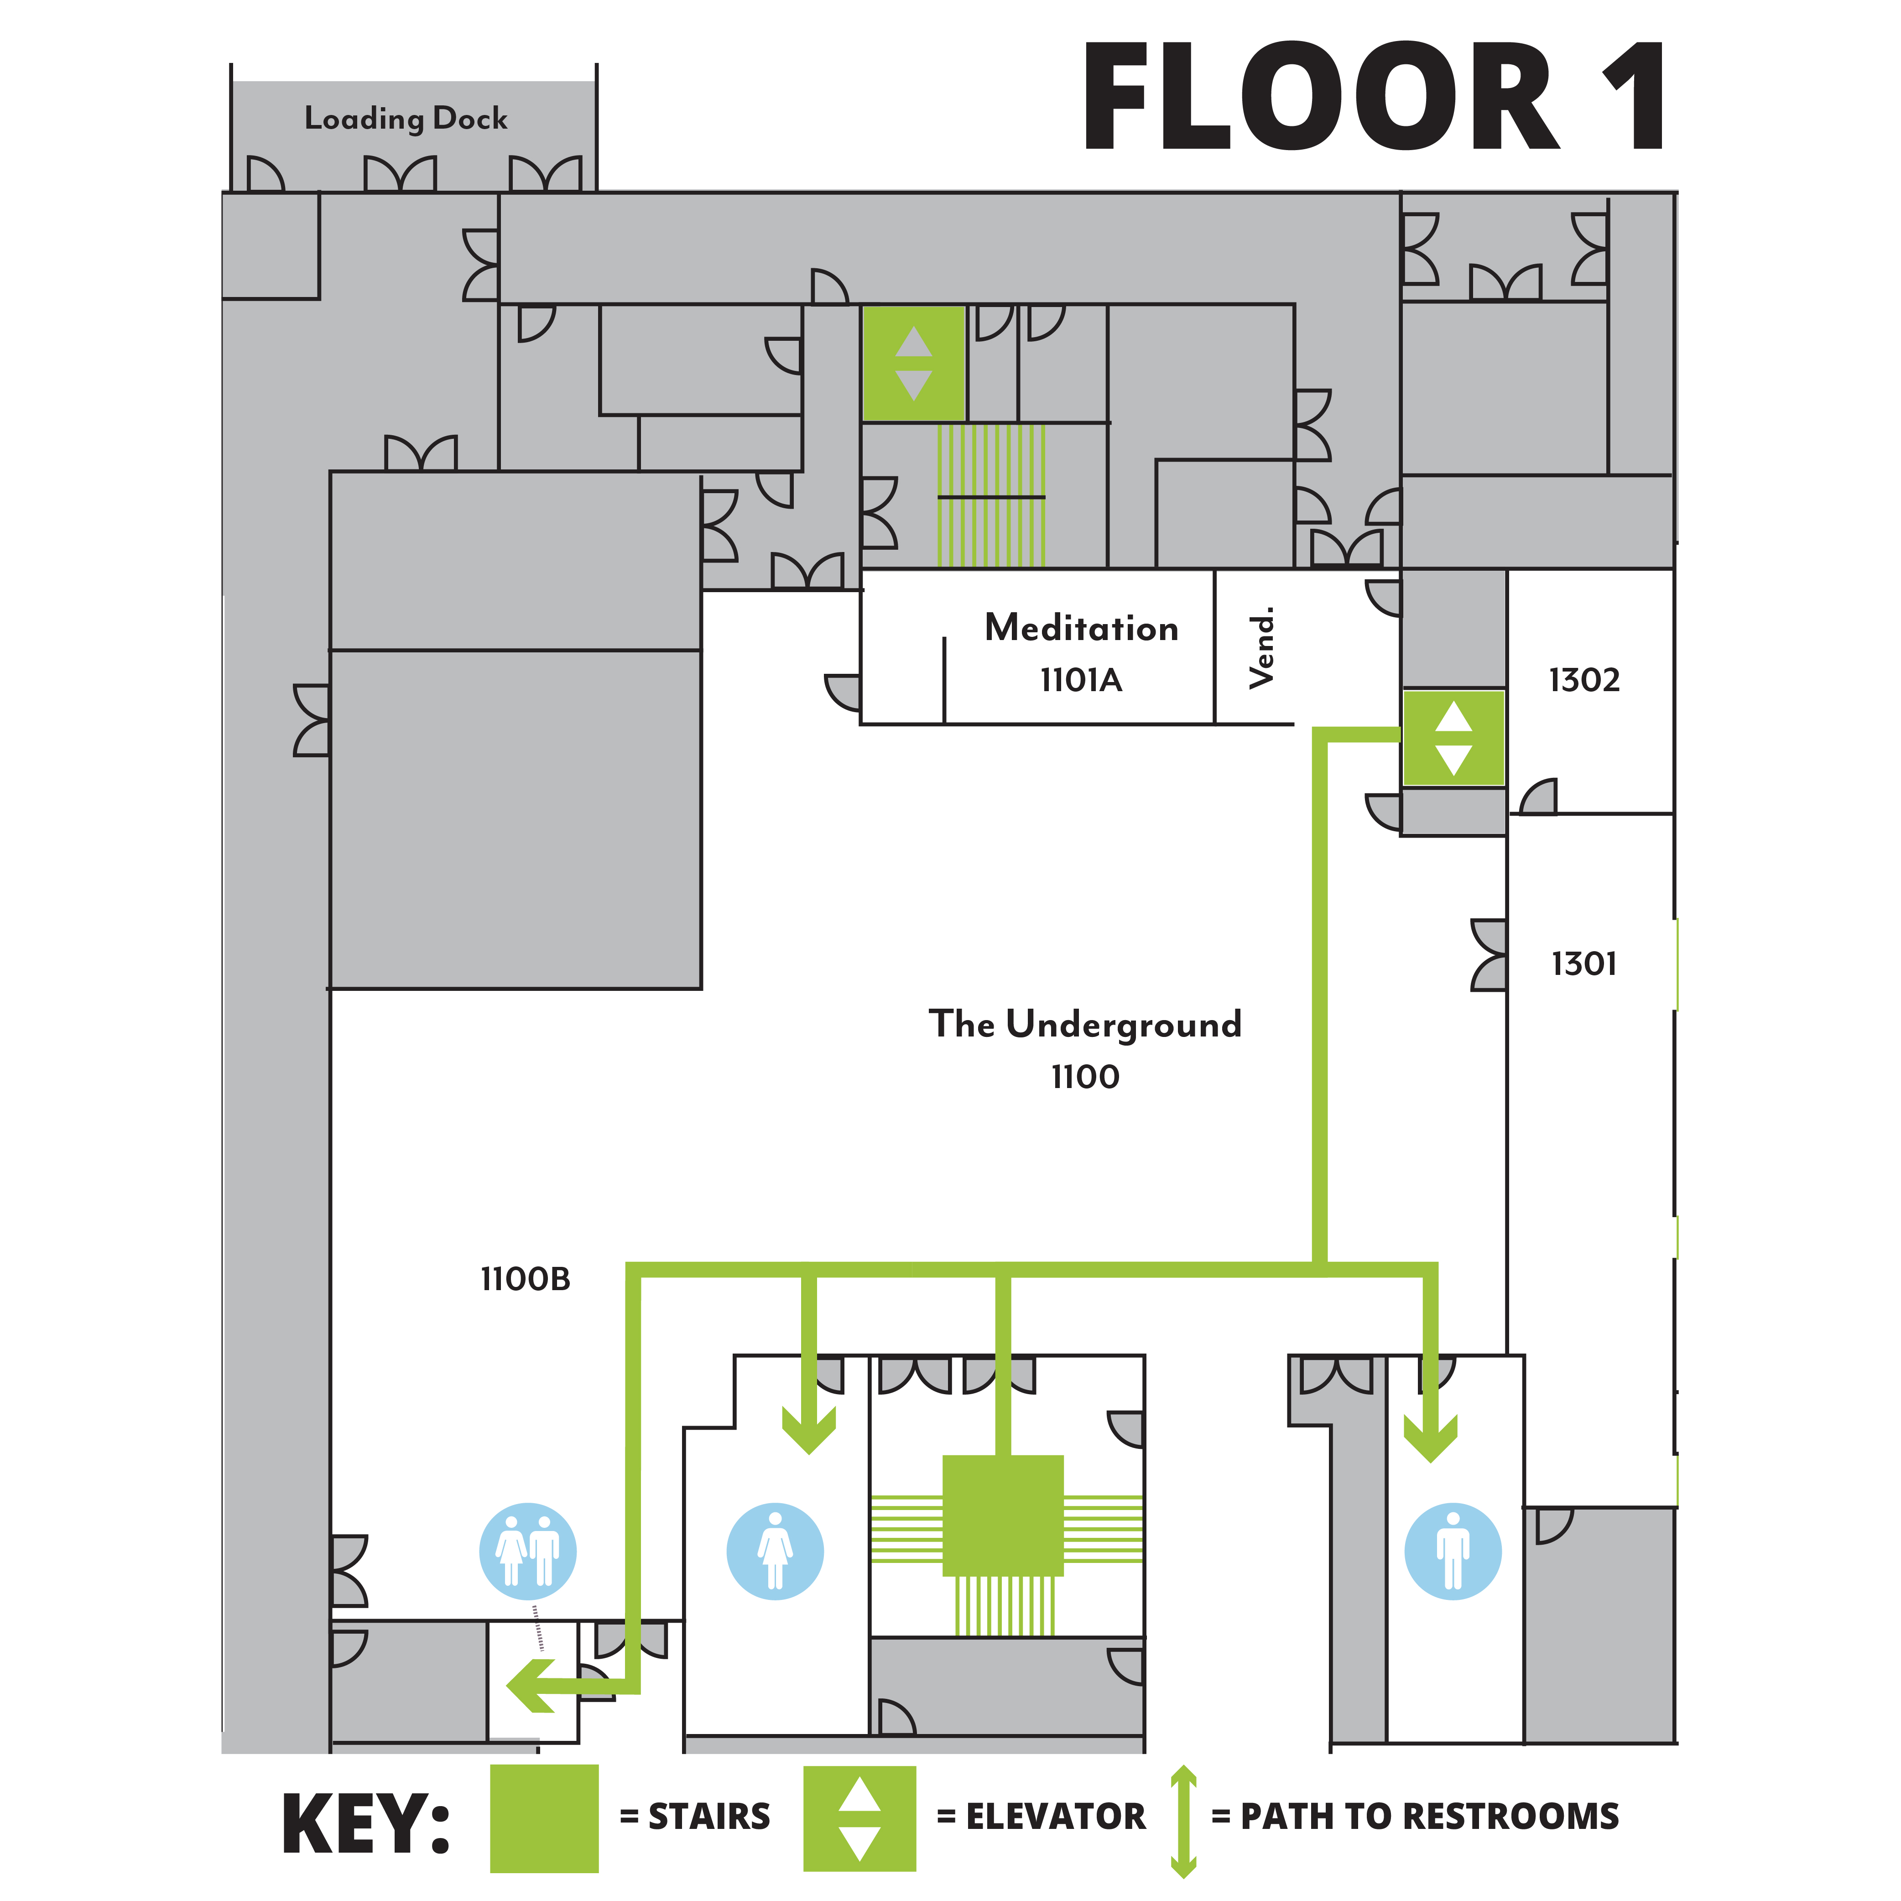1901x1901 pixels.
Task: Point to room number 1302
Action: pyautogui.click(x=1583, y=680)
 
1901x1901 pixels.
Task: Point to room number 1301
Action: pyautogui.click(x=1583, y=964)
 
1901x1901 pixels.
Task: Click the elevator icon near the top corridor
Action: pyautogui.click(x=913, y=363)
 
